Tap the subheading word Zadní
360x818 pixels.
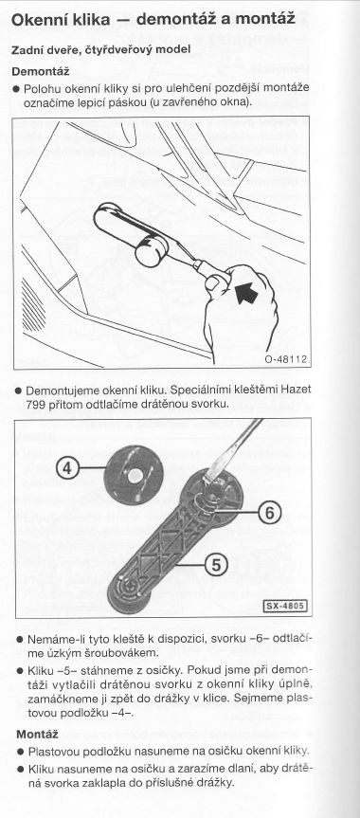25,49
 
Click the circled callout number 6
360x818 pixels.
269,514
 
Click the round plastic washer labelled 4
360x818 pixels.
135,474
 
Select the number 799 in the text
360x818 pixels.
34,404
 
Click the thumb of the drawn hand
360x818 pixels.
214,282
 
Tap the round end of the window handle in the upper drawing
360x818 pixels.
150,250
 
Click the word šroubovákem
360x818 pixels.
119,653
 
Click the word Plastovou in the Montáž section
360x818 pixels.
51,752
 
